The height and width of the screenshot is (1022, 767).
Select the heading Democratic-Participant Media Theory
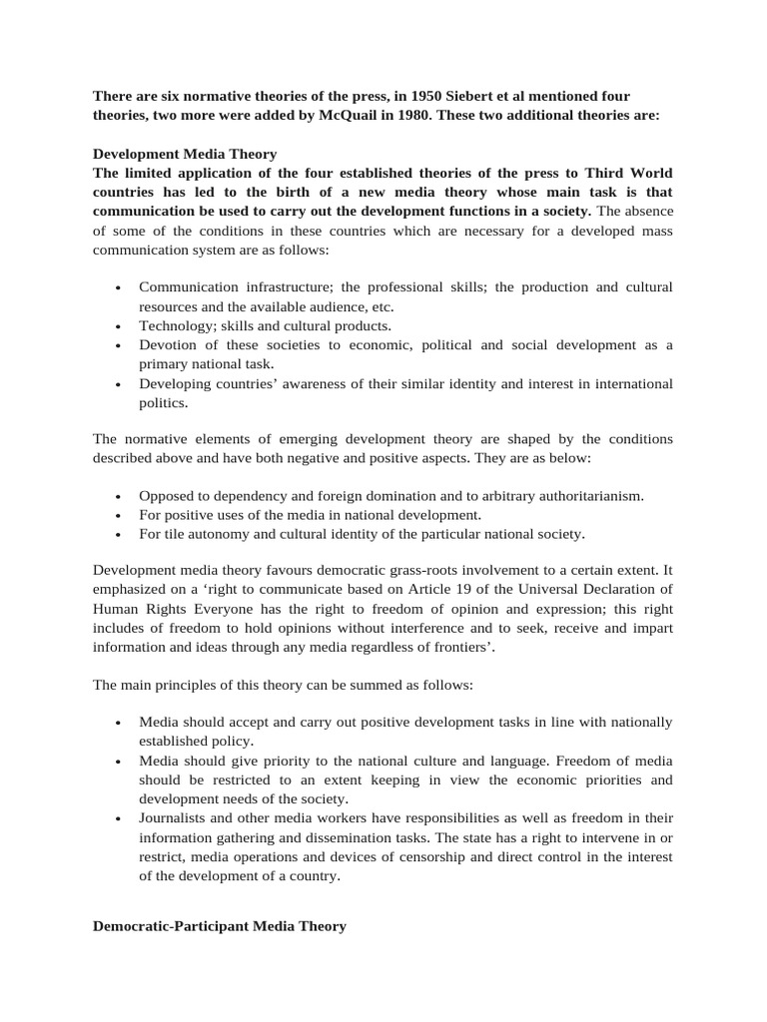coord(220,926)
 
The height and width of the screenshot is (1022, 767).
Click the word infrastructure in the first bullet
coord(281,287)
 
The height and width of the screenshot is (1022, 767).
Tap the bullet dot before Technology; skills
coord(118,326)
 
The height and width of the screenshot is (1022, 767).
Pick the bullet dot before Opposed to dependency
coord(118,497)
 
